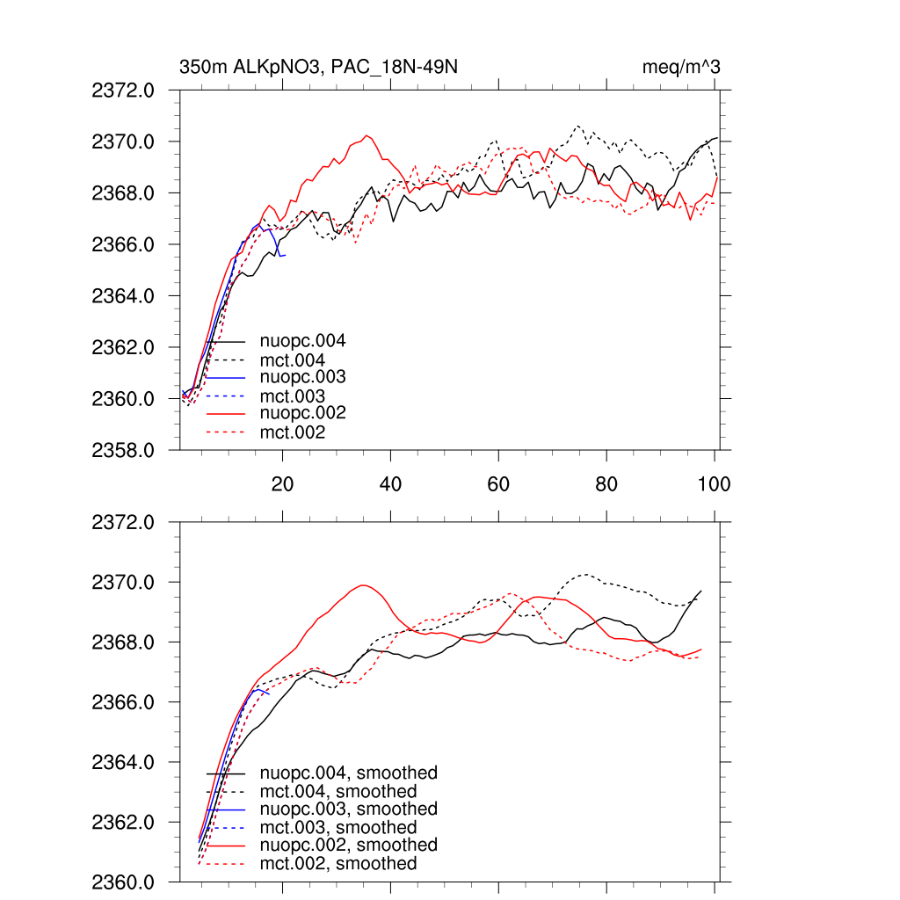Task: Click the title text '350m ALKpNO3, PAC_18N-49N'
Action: tap(318, 67)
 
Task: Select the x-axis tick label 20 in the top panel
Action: tap(282, 484)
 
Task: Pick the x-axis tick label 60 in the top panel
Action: tap(498, 484)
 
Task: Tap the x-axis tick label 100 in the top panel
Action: tap(714, 484)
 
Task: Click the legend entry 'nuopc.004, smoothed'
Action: tap(348, 773)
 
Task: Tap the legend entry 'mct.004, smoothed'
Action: tap(337, 792)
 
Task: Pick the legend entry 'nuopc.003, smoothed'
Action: tap(348, 809)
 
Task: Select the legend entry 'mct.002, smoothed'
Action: tap(337, 864)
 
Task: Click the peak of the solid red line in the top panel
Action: tap(367, 135)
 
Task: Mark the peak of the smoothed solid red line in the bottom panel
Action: tap(363, 585)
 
